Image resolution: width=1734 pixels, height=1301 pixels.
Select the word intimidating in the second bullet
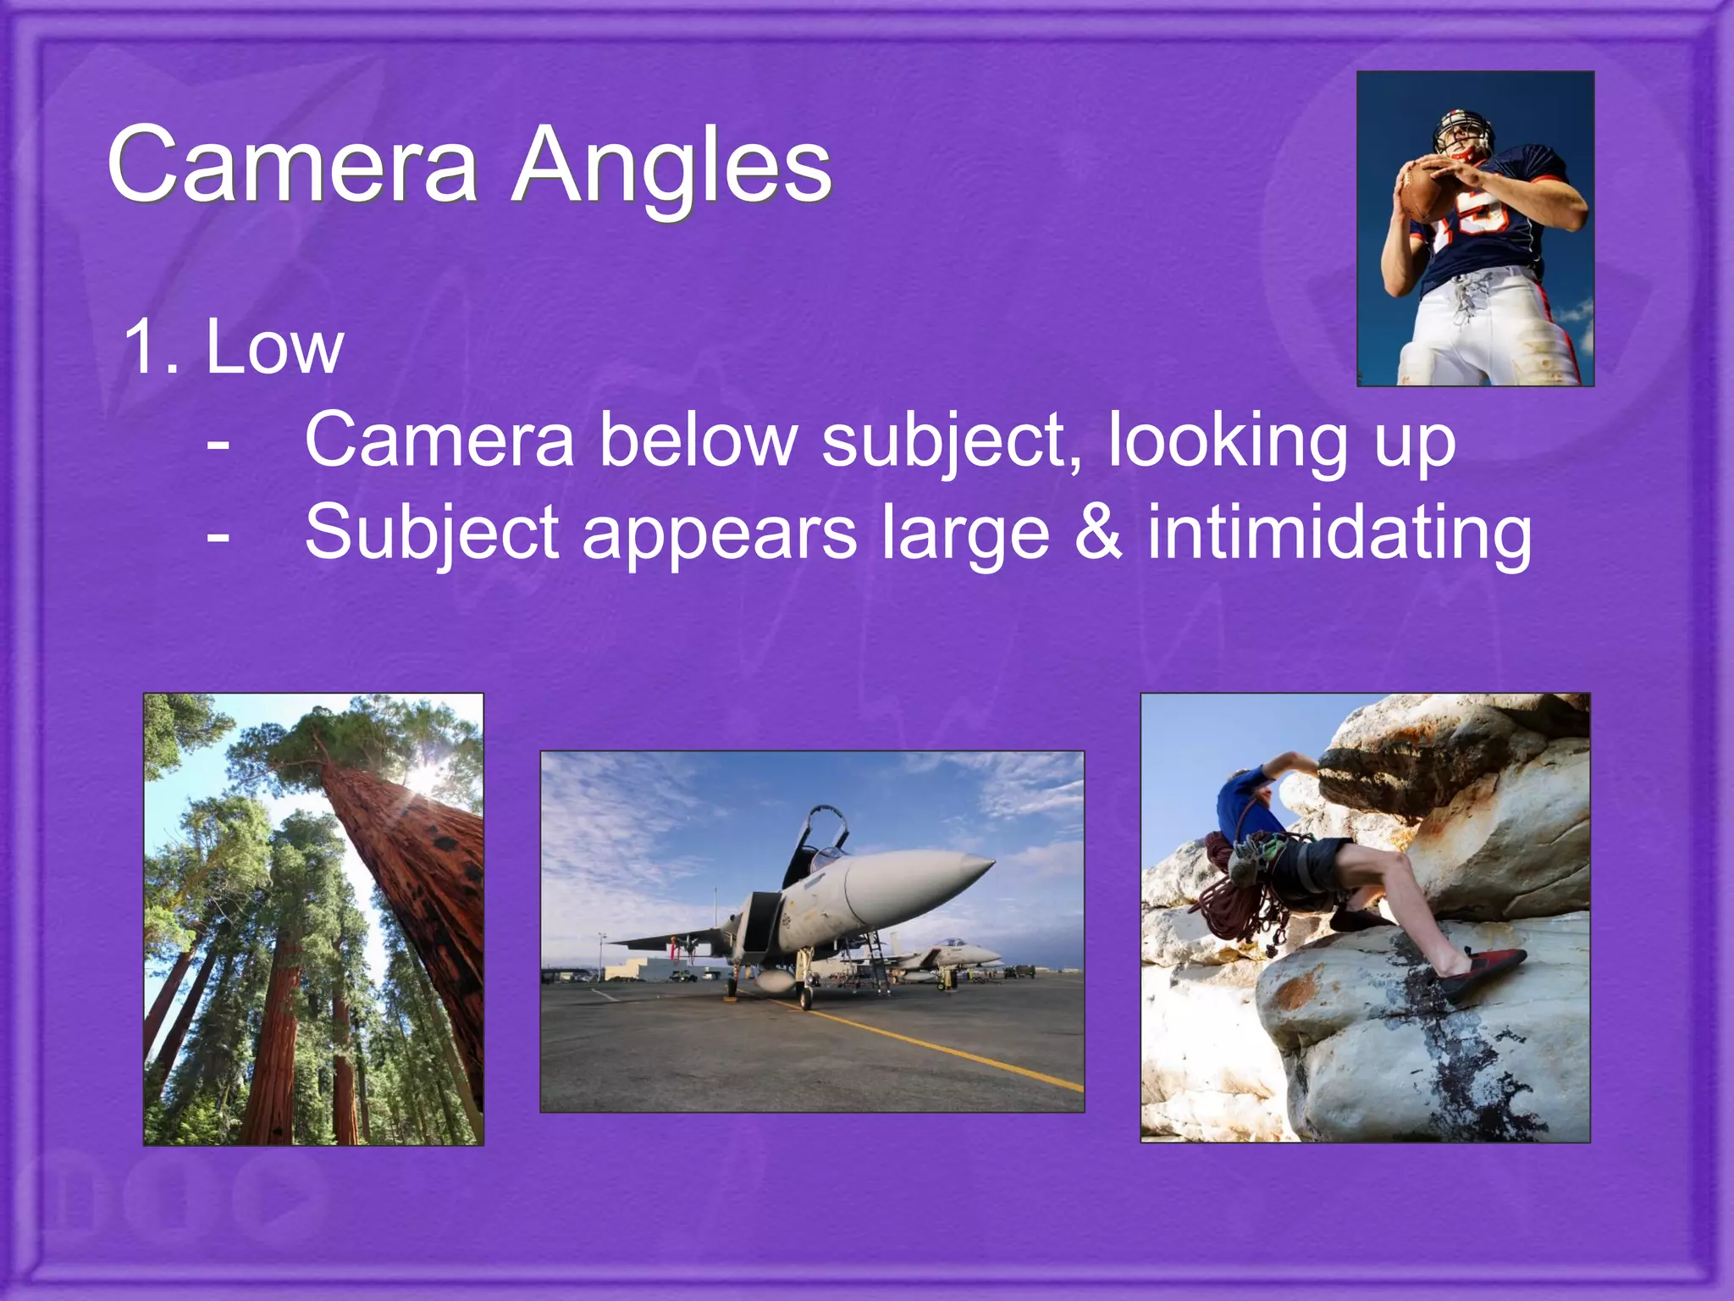(x=1339, y=533)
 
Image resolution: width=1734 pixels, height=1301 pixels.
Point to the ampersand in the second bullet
(x=1098, y=533)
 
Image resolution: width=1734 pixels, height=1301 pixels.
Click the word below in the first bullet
(x=698, y=440)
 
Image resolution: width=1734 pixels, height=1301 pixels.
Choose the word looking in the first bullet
(x=1228, y=441)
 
